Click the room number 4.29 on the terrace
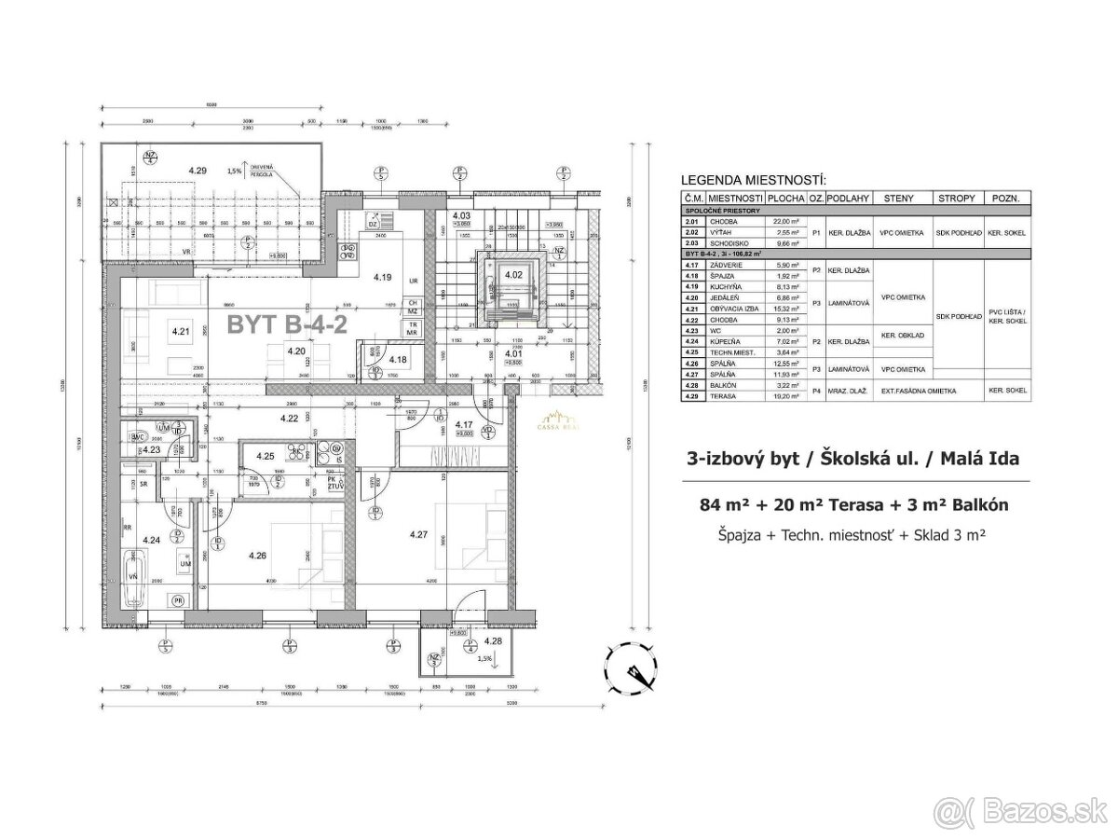(x=197, y=171)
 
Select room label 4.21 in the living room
(x=181, y=330)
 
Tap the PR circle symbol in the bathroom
(x=177, y=599)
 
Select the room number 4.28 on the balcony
(x=493, y=641)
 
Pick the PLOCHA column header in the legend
(x=787, y=199)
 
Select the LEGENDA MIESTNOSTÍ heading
(x=754, y=180)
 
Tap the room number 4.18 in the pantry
(x=398, y=360)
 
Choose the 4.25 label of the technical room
(x=266, y=456)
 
